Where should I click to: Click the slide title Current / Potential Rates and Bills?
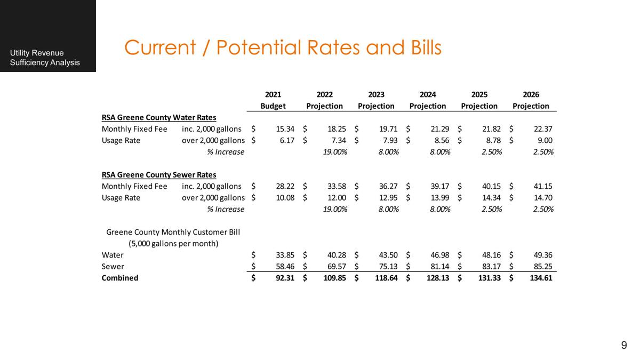point(283,48)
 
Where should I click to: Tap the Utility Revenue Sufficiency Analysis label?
point(45,58)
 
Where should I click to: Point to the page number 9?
point(624,345)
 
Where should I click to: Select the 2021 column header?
point(273,95)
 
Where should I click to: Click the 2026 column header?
point(531,95)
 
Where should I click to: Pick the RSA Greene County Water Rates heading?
point(159,117)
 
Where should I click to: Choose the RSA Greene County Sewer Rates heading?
point(159,174)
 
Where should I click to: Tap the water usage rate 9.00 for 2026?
point(545,140)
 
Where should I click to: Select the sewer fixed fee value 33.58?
point(337,186)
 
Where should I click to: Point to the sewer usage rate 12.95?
point(388,198)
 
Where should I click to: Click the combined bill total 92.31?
point(285,278)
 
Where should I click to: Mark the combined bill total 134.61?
point(541,278)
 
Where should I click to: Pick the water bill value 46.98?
point(440,255)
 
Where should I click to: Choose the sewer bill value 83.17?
point(491,266)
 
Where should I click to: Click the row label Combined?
point(120,278)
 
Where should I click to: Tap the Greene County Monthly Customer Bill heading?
point(173,232)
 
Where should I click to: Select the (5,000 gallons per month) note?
point(173,243)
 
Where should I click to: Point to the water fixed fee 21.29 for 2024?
point(440,129)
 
